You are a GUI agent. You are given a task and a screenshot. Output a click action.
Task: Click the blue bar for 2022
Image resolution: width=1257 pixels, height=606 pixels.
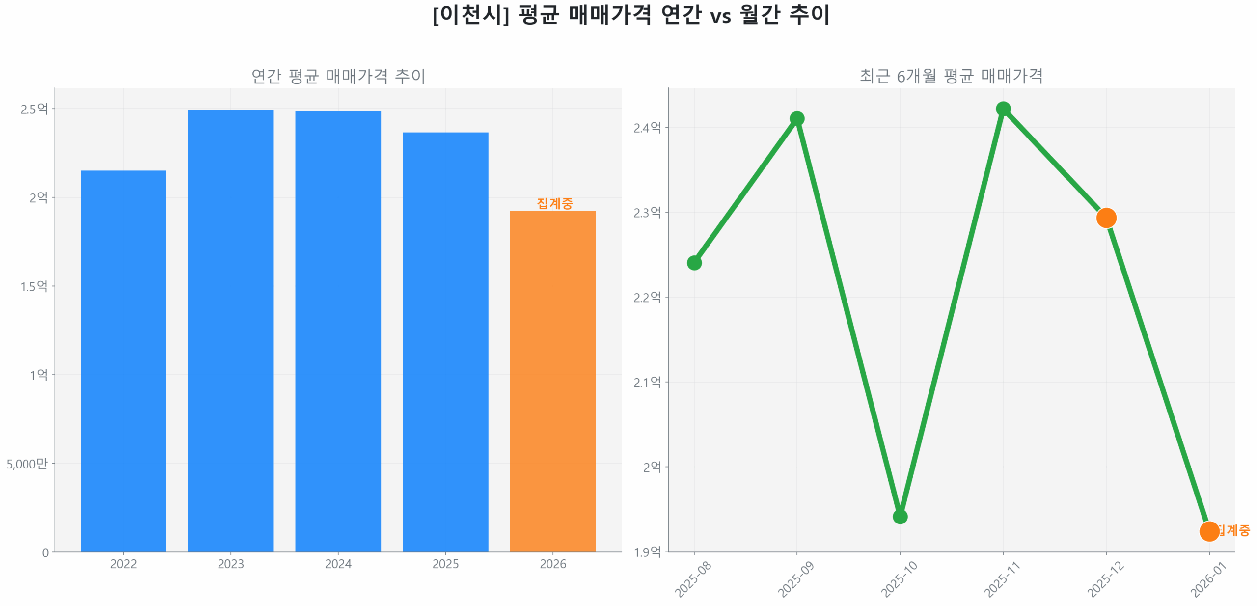pyautogui.click(x=123, y=361)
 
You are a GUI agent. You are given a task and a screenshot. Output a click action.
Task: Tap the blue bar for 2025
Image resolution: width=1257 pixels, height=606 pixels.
pyautogui.click(x=445, y=342)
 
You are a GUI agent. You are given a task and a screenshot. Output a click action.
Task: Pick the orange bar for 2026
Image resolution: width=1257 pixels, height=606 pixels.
pyautogui.click(x=552, y=381)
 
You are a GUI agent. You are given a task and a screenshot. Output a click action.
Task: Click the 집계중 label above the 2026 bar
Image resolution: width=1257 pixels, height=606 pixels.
pyautogui.click(x=554, y=203)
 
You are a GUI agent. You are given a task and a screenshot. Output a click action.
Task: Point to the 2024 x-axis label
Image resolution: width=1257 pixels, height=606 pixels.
pyautogui.click(x=338, y=564)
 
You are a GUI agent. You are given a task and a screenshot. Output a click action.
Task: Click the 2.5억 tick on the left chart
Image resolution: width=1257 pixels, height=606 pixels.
pyautogui.click(x=34, y=109)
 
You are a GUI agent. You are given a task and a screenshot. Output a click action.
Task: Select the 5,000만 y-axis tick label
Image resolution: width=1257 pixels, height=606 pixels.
pyautogui.click(x=27, y=464)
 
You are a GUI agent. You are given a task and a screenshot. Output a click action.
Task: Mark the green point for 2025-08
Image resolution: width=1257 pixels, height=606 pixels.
pyautogui.click(x=694, y=263)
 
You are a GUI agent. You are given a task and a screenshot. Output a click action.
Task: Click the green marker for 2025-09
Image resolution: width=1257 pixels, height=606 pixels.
pyautogui.click(x=796, y=118)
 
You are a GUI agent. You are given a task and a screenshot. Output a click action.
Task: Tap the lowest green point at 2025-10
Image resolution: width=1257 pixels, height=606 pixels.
pyautogui.click(x=900, y=517)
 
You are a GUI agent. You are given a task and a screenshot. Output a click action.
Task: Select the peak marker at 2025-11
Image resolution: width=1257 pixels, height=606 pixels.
pyautogui.click(x=1003, y=109)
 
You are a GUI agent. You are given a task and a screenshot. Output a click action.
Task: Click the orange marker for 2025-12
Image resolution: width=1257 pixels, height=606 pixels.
pyautogui.click(x=1106, y=218)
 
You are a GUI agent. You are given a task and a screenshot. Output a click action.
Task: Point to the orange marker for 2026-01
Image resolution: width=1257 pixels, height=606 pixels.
pyautogui.click(x=1208, y=531)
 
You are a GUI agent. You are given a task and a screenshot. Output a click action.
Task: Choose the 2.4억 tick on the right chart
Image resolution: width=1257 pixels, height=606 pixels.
pyautogui.click(x=647, y=128)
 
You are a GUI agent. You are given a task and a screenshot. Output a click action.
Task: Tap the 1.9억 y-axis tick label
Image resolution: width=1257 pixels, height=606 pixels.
pyautogui.click(x=647, y=552)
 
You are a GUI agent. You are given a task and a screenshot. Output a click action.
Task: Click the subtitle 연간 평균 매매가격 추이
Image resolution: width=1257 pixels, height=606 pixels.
pyautogui.click(x=338, y=76)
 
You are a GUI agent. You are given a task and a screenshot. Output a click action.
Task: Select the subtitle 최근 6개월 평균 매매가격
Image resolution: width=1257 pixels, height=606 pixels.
pyautogui.click(x=951, y=76)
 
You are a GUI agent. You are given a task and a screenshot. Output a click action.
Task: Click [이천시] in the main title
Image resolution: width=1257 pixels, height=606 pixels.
pyautogui.click(x=470, y=15)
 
